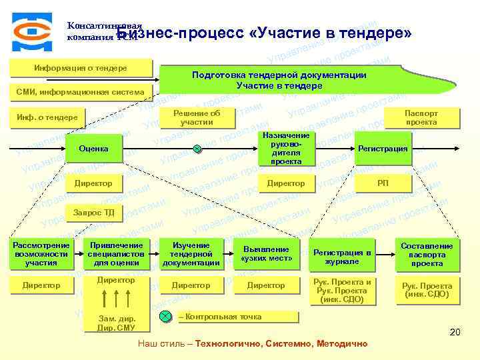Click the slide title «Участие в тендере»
coord(263,34)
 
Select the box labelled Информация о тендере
coord(81,68)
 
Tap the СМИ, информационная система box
coord(81,91)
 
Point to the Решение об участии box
coord(197,117)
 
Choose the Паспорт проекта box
coord(421,117)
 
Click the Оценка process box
coord(93,148)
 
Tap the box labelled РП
coord(383,183)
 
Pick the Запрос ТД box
coord(93,213)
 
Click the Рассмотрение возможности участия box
coord(41,254)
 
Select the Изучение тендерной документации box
coord(191,254)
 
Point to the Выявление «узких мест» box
coord(266,253)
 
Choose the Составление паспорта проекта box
coord(427,254)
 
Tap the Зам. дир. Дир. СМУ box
coord(116,323)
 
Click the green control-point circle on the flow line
coord(197,149)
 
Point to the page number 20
coord(455,331)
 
